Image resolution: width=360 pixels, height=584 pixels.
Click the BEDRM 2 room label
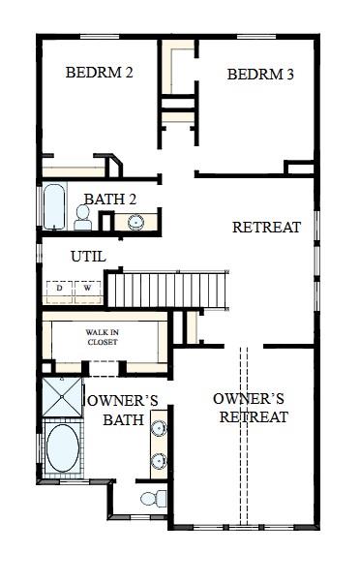pyautogui.click(x=98, y=72)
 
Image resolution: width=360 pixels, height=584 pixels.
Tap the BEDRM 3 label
pyautogui.click(x=260, y=75)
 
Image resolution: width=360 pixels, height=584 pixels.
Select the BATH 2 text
pyautogui.click(x=109, y=200)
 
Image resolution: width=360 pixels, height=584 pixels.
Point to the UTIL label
pyautogui.click(x=88, y=257)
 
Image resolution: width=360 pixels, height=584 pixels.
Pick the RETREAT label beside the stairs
pyautogui.click(x=264, y=228)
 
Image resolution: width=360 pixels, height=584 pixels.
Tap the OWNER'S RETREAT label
pyautogui.click(x=249, y=408)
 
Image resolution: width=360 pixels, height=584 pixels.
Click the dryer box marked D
pyautogui.click(x=58, y=289)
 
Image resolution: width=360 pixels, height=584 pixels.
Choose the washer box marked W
pyautogui.click(x=87, y=289)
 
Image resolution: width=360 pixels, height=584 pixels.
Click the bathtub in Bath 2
pyautogui.click(x=52, y=206)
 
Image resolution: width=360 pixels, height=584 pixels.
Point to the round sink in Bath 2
pyautogui.click(x=135, y=222)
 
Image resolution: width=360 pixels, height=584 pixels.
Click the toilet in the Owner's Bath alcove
pyautogui.click(x=152, y=500)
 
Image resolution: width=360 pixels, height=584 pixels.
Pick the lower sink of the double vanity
pyautogui.click(x=157, y=460)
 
